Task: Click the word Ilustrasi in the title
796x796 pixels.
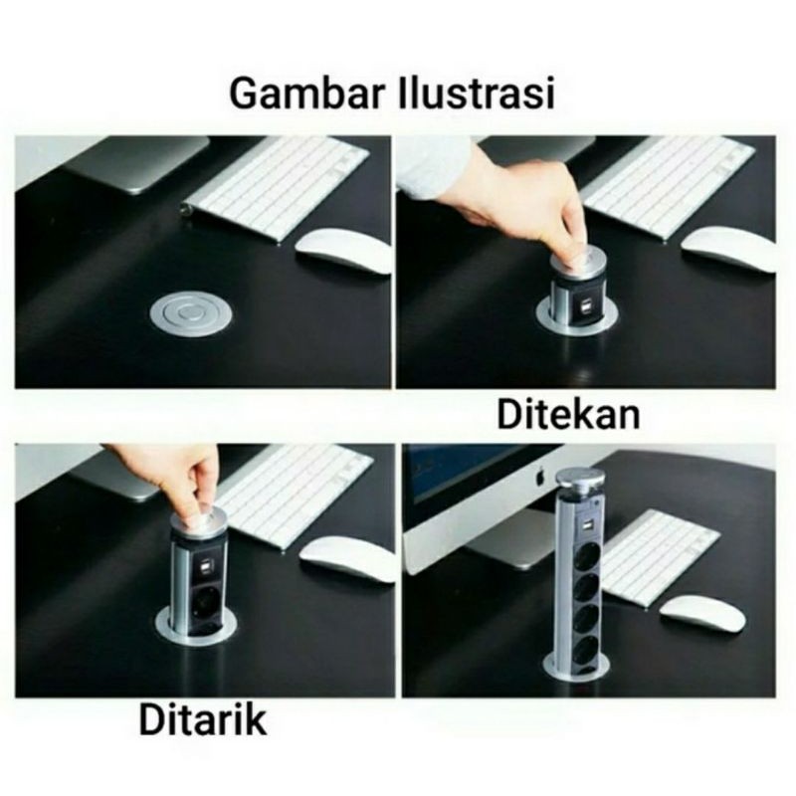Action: [x=477, y=94]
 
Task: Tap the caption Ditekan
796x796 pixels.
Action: [x=568, y=415]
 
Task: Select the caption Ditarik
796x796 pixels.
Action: [x=202, y=719]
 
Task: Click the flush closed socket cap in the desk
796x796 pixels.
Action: [x=191, y=314]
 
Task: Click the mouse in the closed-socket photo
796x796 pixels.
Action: [x=343, y=252]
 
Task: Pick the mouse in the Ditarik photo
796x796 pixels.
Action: [x=347, y=559]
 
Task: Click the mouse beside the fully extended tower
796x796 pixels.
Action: [x=702, y=614]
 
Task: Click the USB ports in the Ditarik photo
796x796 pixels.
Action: [x=207, y=566]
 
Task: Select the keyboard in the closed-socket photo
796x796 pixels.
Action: [x=277, y=186]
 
